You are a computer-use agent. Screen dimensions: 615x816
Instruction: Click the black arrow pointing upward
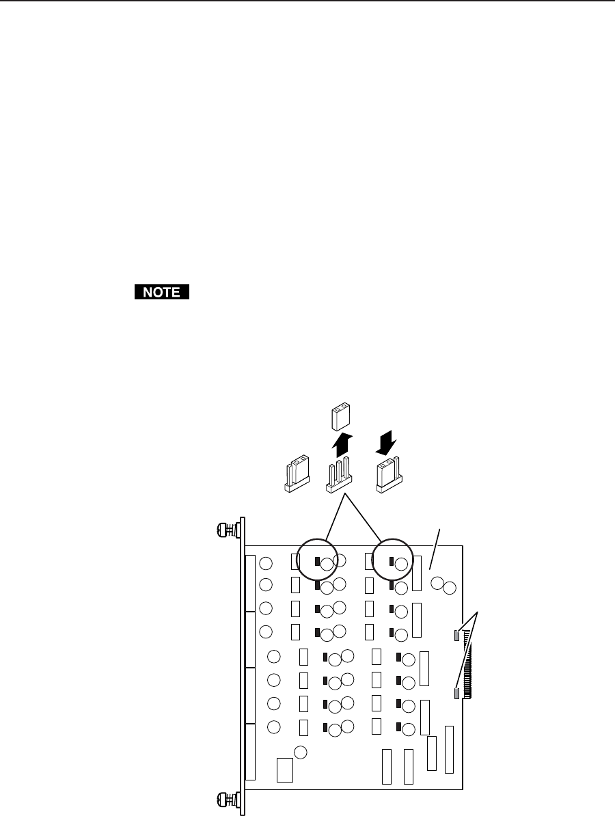pos(342,445)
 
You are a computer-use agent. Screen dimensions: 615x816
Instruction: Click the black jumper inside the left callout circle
pos(317,562)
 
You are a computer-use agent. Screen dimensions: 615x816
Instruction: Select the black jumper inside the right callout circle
pos(392,562)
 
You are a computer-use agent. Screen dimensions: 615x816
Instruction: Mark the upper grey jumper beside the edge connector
pos(456,636)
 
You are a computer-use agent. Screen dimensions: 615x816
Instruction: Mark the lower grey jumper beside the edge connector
pos(456,694)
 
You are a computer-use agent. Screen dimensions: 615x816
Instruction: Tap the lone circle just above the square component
pos(300,752)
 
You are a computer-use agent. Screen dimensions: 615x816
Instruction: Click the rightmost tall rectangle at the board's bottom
pos(449,750)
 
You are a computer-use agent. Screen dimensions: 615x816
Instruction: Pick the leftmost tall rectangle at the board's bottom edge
pos(387,766)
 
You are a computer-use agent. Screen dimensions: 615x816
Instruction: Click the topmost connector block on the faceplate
pos(250,584)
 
